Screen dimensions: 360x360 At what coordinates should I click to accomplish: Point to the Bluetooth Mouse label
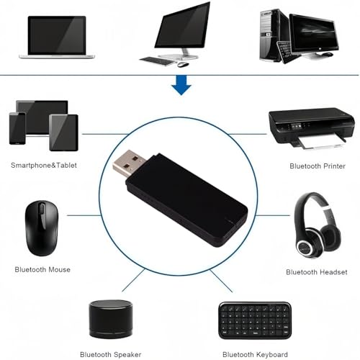[42, 269]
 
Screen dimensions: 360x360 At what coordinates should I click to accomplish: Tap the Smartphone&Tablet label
[44, 165]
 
